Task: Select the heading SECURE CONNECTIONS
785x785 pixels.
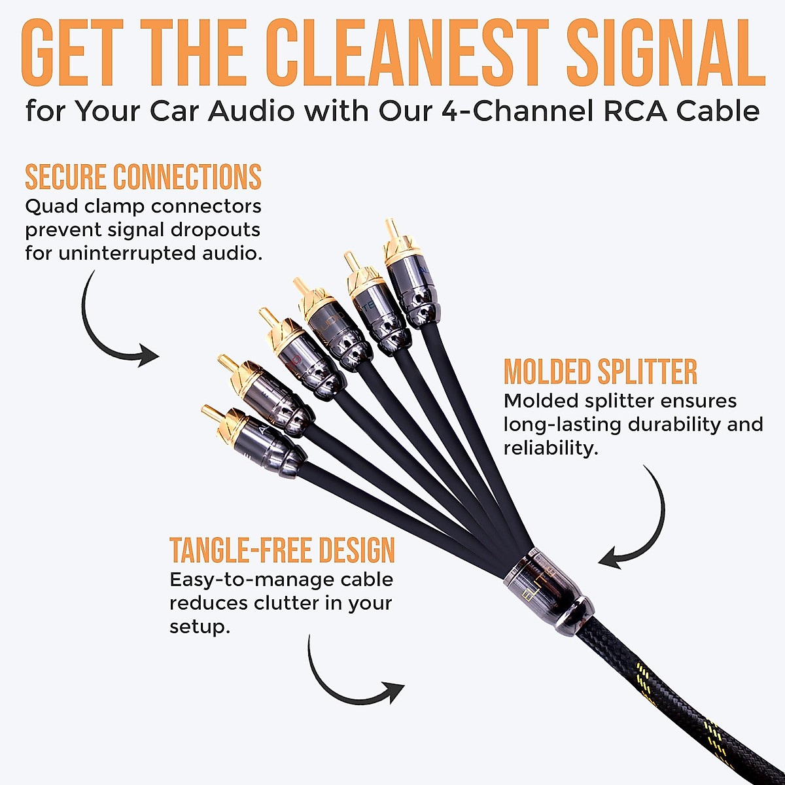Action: [143, 177]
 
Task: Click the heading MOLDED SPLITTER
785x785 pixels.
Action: [600, 372]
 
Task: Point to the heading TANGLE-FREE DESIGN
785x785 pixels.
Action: [282, 550]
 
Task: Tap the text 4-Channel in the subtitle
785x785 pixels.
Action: [506, 111]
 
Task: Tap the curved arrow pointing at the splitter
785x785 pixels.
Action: [638, 523]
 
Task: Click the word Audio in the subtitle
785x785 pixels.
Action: [251, 111]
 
